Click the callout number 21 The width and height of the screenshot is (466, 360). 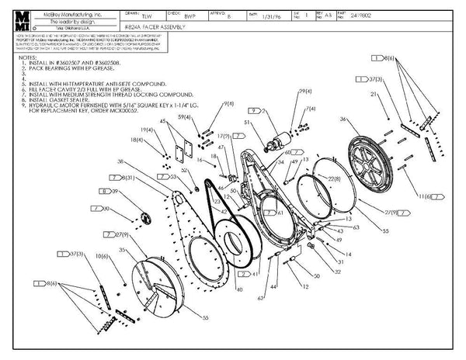[374, 93]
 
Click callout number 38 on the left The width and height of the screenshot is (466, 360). [120, 161]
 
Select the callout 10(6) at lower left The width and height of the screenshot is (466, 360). [102, 254]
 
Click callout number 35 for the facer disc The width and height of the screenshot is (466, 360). [123, 251]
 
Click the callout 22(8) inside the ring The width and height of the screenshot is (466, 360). [335, 179]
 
